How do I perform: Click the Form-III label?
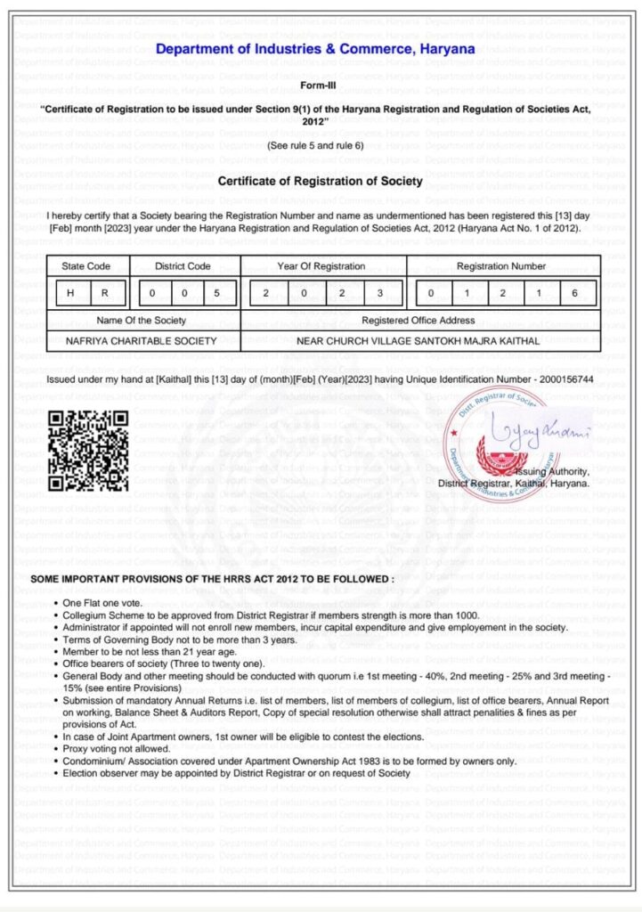point(321,86)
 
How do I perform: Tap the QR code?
point(88,451)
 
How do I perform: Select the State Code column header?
point(86,266)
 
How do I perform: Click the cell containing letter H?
point(69,293)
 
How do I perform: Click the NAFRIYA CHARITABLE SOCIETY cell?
point(142,340)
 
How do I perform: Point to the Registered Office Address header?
point(419,321)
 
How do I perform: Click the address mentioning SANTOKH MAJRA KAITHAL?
point(419,340)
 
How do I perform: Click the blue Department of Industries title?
point(315,49)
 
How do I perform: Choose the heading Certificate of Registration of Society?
point(321,182)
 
